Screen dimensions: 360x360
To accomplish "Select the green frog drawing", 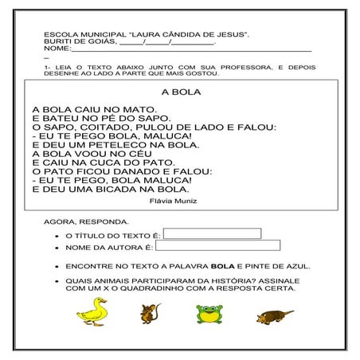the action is (209, 314).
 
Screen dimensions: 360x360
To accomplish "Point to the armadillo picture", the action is (275, 316).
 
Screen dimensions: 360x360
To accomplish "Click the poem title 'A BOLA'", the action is (180, 92).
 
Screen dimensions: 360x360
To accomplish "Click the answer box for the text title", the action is (212, 233).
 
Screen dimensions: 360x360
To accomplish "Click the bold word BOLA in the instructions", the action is (210, 266).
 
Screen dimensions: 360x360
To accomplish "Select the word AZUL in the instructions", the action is (297, 266).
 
